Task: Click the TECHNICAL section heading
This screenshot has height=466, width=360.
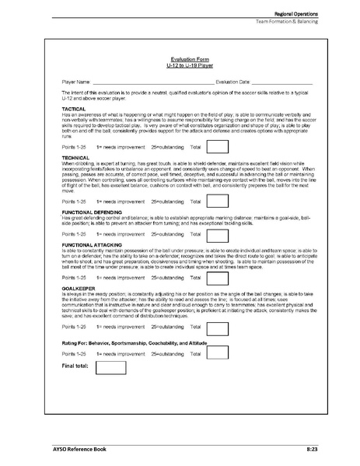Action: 75,156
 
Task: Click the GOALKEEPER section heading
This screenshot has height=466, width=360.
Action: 79,287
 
